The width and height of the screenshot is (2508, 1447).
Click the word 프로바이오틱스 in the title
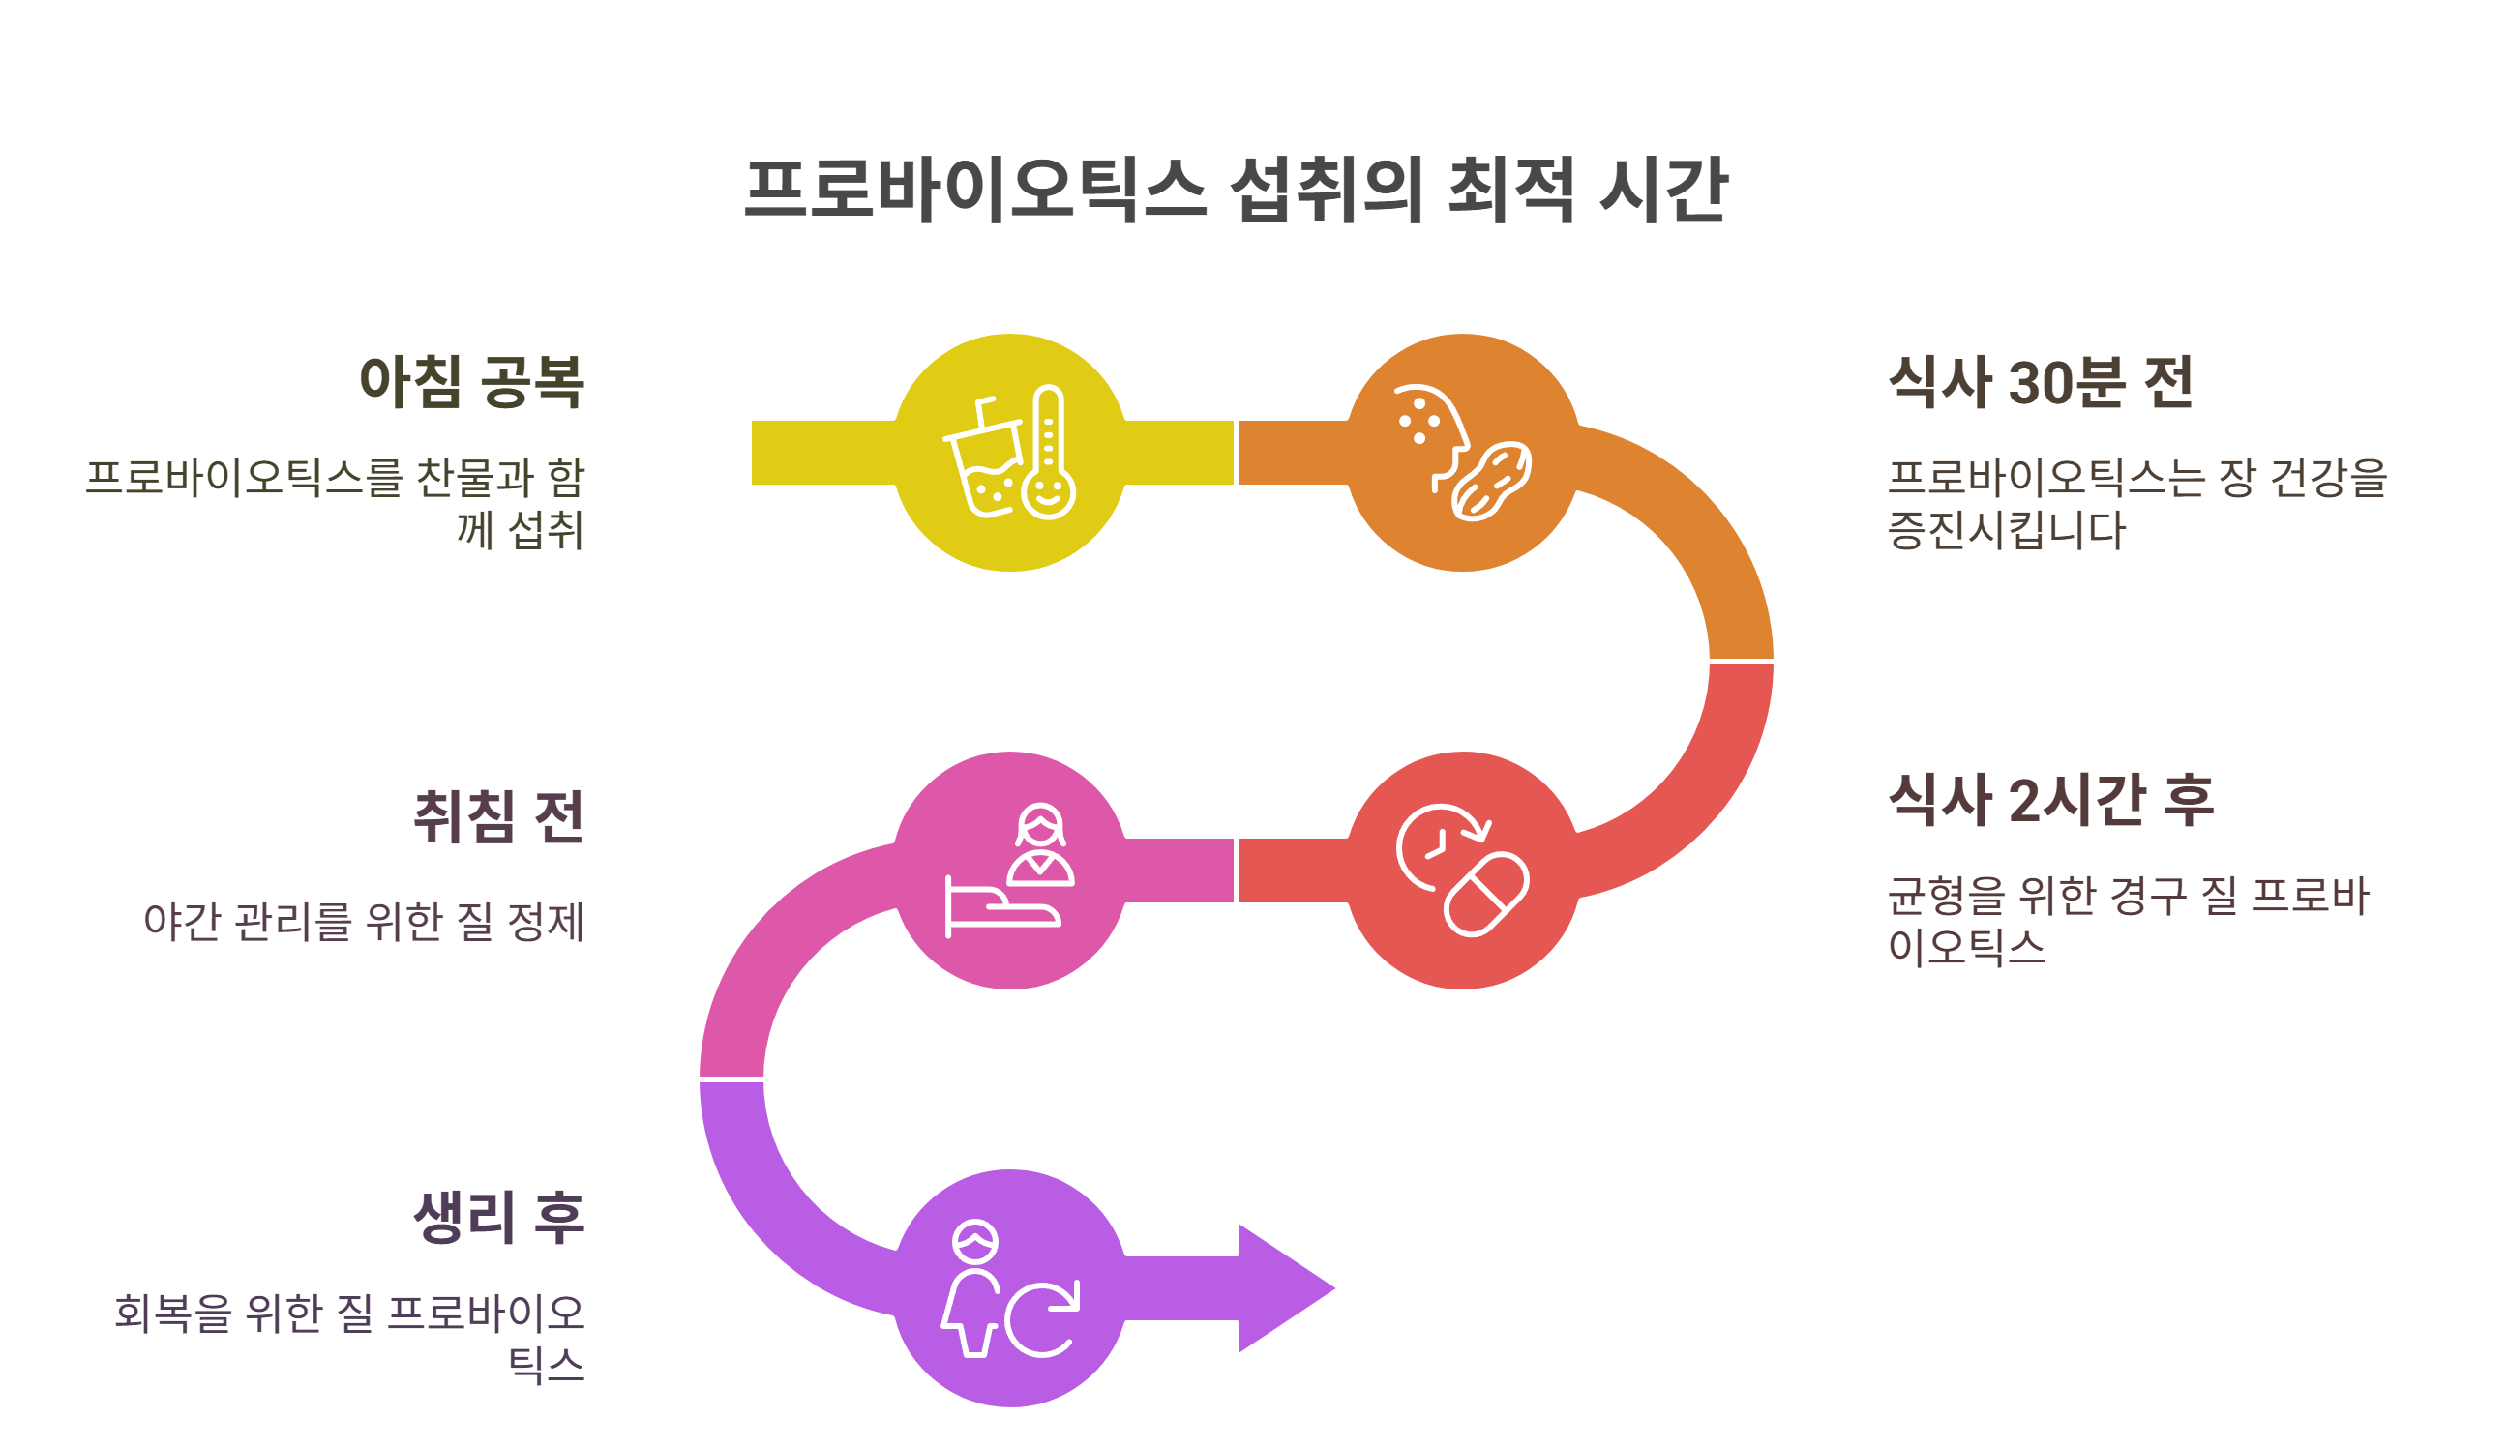[x=974, y=189]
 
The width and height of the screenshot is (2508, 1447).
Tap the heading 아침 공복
[x=471, y=382]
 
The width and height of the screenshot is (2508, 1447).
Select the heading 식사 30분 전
[x=2040, y=382]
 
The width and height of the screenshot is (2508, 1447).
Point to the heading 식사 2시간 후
[x=2050, y=799]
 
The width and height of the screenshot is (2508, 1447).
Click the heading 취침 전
[x=498, y=817]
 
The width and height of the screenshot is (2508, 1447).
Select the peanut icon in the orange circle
[x=1491, y=481]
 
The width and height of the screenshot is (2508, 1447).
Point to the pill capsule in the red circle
[x=1486, y=895]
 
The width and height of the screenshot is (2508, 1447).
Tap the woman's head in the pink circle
[x=1041, y=825]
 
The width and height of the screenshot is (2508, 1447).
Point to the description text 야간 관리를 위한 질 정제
[x=364, y=921]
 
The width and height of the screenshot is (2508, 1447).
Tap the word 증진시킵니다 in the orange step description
[x=2006, y=530]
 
